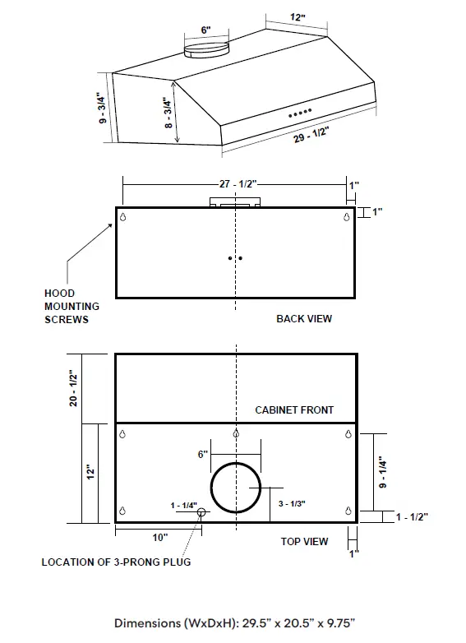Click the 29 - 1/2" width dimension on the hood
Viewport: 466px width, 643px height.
point(310,136)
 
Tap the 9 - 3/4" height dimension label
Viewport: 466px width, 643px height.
point(102,107)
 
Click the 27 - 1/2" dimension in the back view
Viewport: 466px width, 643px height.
point(236,186)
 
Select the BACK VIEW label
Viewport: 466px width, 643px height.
point(304,318)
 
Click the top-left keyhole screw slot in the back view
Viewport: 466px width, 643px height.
point(123,217)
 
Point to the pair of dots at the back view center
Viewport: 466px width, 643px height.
point(236,258)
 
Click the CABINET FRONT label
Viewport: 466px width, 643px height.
point(294,409)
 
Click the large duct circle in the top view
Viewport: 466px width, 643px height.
point(236,488)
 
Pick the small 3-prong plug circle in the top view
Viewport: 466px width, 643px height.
point(201,514)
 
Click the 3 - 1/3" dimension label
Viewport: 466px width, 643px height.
point(293,502)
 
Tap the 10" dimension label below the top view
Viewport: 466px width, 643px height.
point(159,537)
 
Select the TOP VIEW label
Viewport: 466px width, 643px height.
point(304,541)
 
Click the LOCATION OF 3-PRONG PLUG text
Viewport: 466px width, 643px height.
point(116,562)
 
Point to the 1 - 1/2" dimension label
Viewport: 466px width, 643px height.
point(411,516)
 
